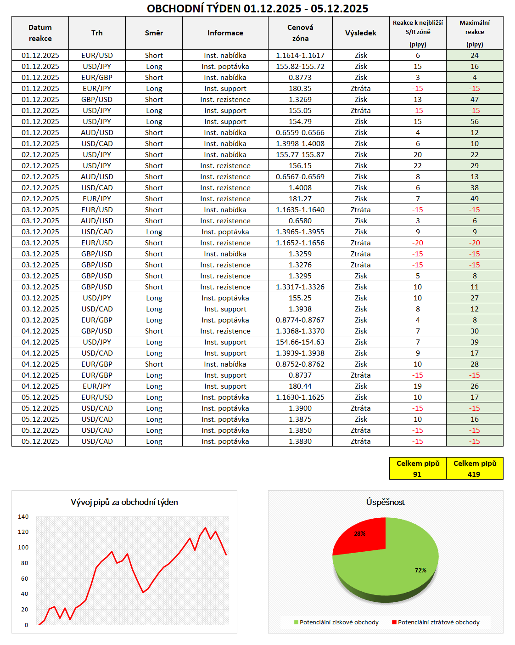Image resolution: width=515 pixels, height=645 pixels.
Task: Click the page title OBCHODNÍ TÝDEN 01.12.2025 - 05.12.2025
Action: pyautogui.click(x=257, y=8)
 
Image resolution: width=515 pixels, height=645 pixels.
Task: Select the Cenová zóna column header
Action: pyautogui.click(x=300, y=33)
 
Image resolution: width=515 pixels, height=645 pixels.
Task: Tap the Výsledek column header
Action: pyautogui.click(x=361, y=33)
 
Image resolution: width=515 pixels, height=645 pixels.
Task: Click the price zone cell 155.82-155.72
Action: pyautogui.click(x=300, y=66)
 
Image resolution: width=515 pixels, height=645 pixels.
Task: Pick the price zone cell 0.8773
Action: pyautogui.click(x=300, y=77)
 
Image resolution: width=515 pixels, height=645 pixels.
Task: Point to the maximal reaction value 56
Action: pyautogui.click(x=475, y=121)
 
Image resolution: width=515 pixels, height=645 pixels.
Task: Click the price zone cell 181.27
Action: pyautogui.click(x=300, y=198)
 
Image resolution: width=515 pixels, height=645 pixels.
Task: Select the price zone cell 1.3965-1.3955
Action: pyautogui.click(x=300, y=232)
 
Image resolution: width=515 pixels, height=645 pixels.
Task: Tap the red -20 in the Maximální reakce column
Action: pyautogui.click(x=475, y=243)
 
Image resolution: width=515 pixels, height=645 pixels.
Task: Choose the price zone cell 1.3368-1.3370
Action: pyautogui.click(x=300, y=331)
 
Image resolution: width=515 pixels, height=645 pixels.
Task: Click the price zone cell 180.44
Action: pyautogui.click(x=300, y=386)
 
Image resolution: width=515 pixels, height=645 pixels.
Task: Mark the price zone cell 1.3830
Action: pyautogui.click(x=300, y=441)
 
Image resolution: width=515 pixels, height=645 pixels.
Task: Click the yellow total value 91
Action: pyautogui.click(x=417, y=474)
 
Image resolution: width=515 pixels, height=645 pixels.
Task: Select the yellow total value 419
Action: pyautogui.click(x=474, y=474)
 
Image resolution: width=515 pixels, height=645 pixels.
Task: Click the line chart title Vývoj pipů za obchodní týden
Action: pyautogui.click(x=124, y=502)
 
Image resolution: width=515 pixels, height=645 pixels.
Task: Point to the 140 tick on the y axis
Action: pyautogui.click(x=23, y=516)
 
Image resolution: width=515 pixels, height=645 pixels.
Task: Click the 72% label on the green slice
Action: pyautogui.click(x=420, y=570)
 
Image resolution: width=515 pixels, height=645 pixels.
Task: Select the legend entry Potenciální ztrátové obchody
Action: pyautogui.click(x=438, y=622)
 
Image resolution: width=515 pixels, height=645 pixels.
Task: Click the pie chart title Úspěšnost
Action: pyautogui.click(x=385, y=502)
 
